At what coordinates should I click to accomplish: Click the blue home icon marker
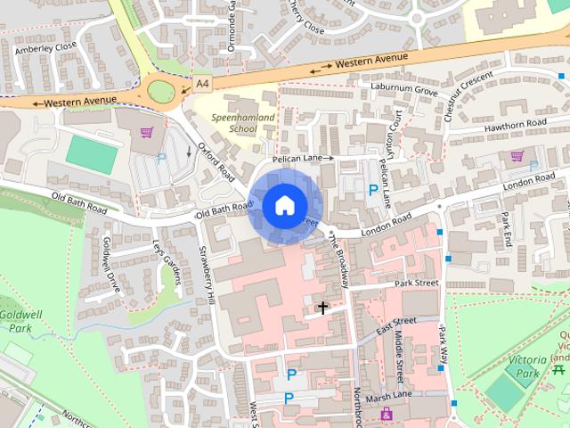pyautogui.click(x=284, y=205)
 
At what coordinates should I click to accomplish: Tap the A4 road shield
pyautogui.click(x=203, y=83)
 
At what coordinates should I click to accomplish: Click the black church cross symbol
pyautogui.click(x=322, y=308)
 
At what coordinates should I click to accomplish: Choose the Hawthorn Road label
pyautogui.click(x=515, y=125)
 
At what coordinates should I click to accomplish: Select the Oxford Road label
pyautogui.click(x=216, y=160)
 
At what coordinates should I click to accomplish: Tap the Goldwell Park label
pyautogui.click(x=17, y=322)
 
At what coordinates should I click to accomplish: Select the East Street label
pyautogui.click(x=397, y=325)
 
